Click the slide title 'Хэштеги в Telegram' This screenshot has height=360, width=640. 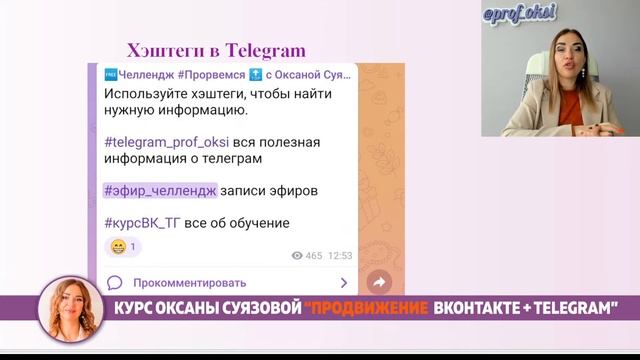coord(216,51)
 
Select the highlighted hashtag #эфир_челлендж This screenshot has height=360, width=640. coord(159,190)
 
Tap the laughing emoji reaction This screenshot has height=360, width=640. coord(118,246)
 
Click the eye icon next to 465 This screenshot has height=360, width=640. coord(297,256)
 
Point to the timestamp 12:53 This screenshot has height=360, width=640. coord(340,256)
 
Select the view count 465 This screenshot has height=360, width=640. coord(314,256)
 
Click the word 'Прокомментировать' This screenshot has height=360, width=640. coord(189,283)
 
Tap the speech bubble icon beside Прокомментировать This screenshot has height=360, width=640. coord(114,283)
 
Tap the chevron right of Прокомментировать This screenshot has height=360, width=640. coord(344,283)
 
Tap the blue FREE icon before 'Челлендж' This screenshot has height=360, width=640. coord(111,76)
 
